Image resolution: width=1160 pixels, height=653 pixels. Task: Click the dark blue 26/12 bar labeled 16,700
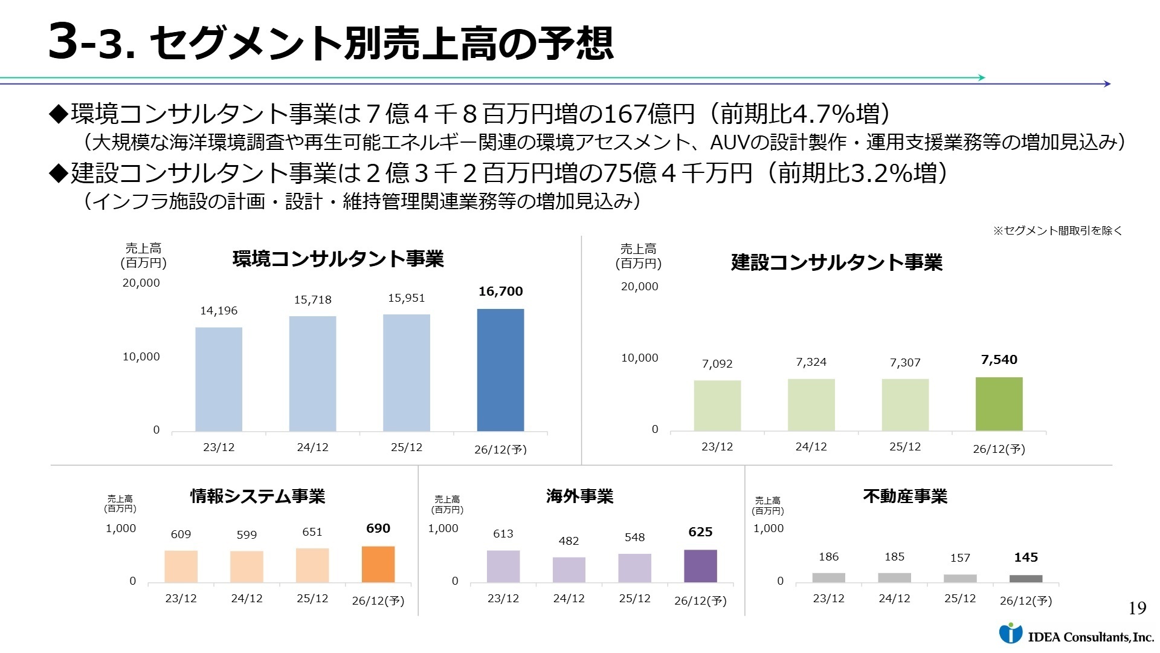(500, 370)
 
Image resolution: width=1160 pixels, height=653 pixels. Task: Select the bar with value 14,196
(219, 379)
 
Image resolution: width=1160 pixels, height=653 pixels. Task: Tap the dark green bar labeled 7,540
(999, 404)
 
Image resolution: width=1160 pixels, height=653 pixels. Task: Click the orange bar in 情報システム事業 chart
(378, 564)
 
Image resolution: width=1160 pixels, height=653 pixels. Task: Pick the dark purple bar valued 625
(700, 566)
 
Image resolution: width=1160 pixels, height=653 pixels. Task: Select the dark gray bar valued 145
(1026, 579)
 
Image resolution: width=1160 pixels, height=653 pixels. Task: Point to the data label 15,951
(406, 298)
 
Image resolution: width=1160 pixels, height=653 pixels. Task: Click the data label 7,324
(811, 362)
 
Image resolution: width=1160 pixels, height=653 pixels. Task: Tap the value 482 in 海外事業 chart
(569, 541)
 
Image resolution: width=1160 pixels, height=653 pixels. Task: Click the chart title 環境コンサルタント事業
(338, 259)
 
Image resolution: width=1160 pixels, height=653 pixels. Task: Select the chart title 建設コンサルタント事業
(836, 263)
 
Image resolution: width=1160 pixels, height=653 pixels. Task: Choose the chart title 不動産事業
(905, 496)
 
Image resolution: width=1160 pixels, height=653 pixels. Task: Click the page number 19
(1137, 608)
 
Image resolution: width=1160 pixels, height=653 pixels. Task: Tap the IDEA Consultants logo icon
(1010, 633)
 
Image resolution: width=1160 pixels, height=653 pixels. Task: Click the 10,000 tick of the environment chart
(141, 357)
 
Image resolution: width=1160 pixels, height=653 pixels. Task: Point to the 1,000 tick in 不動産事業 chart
(768, 528)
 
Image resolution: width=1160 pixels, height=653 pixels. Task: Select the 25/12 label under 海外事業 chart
(634, 599)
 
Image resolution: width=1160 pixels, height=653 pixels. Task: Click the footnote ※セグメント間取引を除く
(1057, 230)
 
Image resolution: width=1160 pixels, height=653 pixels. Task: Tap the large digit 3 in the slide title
(63, 42)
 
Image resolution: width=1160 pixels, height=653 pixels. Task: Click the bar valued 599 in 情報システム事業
(246, 567)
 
